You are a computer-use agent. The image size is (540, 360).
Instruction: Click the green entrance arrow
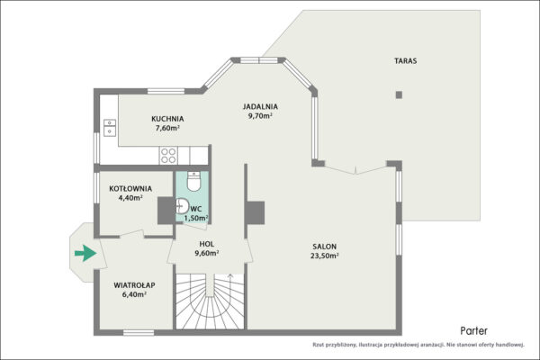85,253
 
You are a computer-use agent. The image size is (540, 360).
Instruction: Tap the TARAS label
405,61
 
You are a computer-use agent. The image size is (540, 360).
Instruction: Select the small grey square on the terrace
399,94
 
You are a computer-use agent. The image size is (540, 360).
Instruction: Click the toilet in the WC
193,181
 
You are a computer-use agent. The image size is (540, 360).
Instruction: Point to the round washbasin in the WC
182,206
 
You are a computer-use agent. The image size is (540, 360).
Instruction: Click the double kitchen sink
110,128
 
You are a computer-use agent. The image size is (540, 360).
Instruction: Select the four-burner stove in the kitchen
168,156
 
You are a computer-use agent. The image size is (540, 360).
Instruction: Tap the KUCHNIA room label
167,119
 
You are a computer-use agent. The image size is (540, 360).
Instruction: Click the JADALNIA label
260,107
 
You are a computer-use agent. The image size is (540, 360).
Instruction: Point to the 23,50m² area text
325,256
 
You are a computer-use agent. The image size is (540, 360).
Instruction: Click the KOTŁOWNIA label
130,189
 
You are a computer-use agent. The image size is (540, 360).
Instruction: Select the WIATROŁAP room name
134,285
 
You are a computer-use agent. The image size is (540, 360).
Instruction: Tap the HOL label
207,244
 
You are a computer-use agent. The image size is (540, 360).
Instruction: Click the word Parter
474,331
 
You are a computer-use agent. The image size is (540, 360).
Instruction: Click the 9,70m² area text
260,116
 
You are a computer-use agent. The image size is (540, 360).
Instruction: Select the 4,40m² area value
130,198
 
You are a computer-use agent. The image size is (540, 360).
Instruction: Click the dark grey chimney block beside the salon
256,213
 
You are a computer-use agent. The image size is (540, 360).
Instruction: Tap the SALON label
324,247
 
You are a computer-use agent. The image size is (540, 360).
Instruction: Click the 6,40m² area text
134,294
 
